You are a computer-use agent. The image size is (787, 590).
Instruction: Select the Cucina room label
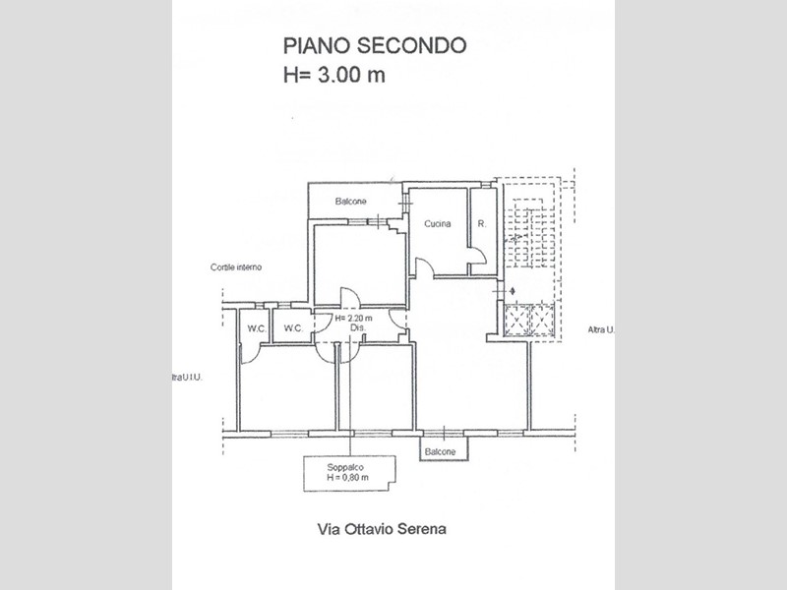438,224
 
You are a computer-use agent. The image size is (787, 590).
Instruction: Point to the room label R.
482,224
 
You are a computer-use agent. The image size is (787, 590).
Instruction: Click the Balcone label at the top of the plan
351,202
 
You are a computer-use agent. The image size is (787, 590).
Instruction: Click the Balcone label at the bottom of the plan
440,451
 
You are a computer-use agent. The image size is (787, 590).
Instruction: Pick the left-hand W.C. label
256,327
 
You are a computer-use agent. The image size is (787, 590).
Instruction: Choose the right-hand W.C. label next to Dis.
292,327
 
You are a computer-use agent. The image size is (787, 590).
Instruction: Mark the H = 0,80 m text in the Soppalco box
348,478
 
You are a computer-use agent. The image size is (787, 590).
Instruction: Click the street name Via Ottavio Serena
383,528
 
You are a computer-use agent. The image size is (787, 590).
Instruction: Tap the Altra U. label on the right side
599,329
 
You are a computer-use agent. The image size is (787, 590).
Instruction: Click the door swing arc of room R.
478,258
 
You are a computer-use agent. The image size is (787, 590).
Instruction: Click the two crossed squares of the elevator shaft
529,320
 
